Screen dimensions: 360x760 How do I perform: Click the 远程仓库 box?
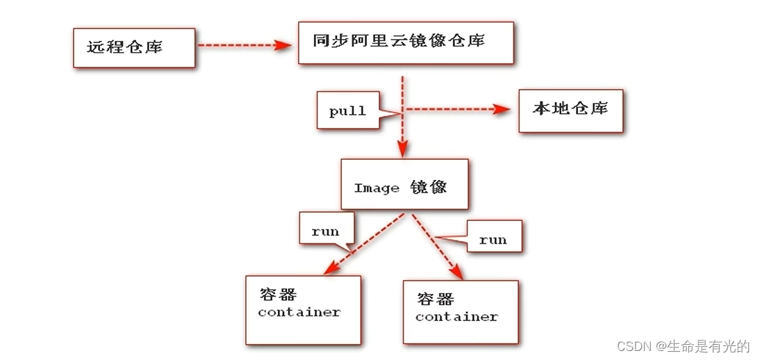point(134,47)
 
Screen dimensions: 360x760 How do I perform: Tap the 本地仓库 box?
point(570,110)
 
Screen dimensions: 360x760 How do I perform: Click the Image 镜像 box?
point(404,184)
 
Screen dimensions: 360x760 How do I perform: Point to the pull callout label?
point(348,111)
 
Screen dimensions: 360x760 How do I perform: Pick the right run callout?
point(493,239)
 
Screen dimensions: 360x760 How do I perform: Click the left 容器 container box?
point(303,309)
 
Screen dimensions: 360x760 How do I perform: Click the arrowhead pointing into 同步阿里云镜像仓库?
point(282,45)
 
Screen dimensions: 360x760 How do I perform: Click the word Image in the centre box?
point(377,188)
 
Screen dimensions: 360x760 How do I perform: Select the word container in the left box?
point(299,312)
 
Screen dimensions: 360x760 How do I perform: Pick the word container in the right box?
point(456,317)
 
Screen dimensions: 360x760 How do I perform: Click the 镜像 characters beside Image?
point(428,186)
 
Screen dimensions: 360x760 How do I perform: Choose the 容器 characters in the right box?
point(435,299)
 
